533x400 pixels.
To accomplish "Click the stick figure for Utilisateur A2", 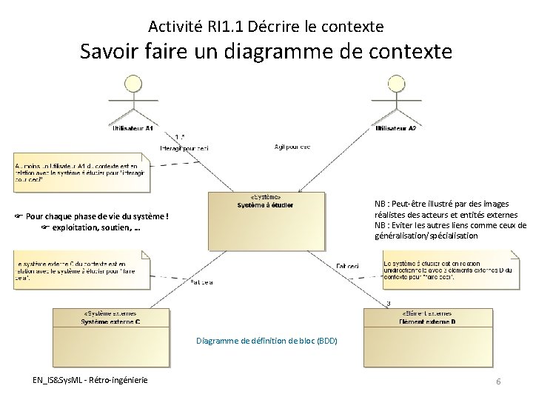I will [x=395, y=100].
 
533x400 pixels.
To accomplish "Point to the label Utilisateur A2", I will [x=395, y=129].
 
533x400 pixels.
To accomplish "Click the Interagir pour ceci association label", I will [x=184, y=148].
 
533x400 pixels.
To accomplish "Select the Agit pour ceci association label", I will [x=293, y=147].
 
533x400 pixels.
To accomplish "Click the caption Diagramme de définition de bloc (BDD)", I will [x=266, y=341].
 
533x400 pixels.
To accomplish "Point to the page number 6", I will [x=498, y=381].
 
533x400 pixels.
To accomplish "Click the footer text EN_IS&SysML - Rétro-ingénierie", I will [x=90, y=380].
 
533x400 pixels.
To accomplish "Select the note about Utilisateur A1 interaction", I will [x=81, y=171].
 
